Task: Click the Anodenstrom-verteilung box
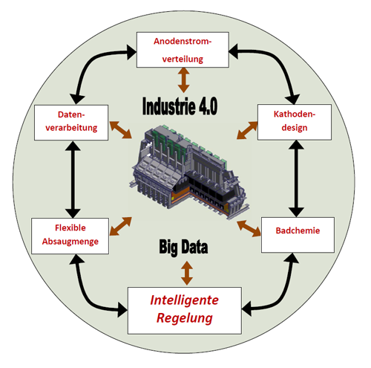click(x=183, y=50)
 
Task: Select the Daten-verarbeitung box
click(x=71, y=123)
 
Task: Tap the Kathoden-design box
click(x=295, y=122)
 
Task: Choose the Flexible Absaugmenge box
click(x=70, y=236)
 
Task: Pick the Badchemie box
click(x=298, y=235)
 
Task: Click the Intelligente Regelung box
click(x=185, y=311)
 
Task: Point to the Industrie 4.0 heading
click(x=180, y=106)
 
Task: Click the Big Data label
click(x=183, y=247)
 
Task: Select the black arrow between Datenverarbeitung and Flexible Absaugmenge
click(x=73, y=179)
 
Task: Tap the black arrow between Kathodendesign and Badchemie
click(x=296, y=178)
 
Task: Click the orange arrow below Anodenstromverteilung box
click(x=184, y=80)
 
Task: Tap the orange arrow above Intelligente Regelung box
click(x=187, y=273)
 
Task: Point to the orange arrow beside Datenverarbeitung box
click(x=120, y=129)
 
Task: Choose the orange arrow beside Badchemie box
click(x=249, y=228)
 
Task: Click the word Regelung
click(x=185, y=318)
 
